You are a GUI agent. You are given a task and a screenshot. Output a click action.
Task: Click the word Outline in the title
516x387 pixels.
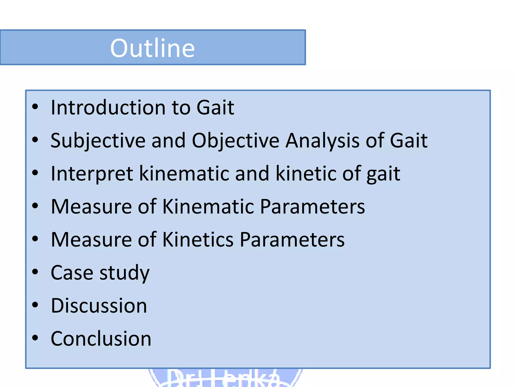[152, 48]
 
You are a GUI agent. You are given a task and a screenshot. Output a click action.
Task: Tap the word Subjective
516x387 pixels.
[98, 141]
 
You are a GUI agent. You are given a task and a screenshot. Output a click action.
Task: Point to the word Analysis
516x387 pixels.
[322, 141]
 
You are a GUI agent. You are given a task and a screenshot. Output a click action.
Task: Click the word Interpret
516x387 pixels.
[92, 174]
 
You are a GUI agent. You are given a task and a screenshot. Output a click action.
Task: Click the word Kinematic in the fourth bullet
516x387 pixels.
[208, 207]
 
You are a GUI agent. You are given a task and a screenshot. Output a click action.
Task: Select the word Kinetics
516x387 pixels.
[198, 240]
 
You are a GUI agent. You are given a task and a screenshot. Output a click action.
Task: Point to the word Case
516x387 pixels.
[72, 273]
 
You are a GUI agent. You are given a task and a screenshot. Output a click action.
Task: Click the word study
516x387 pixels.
[124, 273]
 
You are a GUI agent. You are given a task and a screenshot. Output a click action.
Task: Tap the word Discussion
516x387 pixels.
[99, 306]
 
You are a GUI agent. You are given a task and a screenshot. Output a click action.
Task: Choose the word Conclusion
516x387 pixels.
[101, 339]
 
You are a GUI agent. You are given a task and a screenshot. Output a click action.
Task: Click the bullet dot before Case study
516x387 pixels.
[35, 272]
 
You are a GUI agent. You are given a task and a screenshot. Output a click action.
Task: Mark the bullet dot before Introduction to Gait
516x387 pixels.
[35, 107]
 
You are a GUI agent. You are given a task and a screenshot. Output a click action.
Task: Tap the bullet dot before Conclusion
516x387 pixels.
[35, 338]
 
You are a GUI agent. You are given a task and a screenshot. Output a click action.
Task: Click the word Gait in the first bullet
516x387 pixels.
[215, 108]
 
